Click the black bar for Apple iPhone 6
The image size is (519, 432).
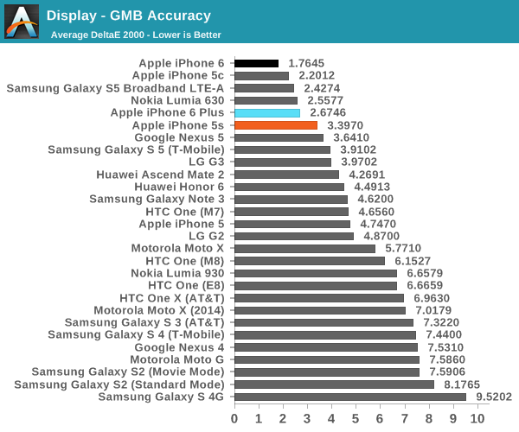click(x=256, y=63)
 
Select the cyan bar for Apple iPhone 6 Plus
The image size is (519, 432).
click(x=267, y=113)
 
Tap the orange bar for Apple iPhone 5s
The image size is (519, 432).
click(x=276, y=125)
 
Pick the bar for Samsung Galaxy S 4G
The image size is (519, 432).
click(x=350, y=397)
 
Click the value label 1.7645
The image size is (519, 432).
click(x=307, y=63)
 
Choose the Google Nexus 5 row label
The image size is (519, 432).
click(x=179, y=137)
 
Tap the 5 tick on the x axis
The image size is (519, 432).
click(x=356, y=418)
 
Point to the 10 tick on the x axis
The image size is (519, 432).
click(x=477, y=418)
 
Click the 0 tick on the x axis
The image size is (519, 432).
click(x=234, y=418)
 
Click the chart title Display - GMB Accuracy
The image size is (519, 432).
click(x=128, y=16)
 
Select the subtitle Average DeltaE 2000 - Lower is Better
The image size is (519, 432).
click(x=136, y=35)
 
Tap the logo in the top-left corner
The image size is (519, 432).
click(x=22, y=22)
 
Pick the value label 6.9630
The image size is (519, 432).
click(x=432, y=298)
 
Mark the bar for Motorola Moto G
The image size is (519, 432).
click(x=327, y=359)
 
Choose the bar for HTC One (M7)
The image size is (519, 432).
click(x=292, y=212)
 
